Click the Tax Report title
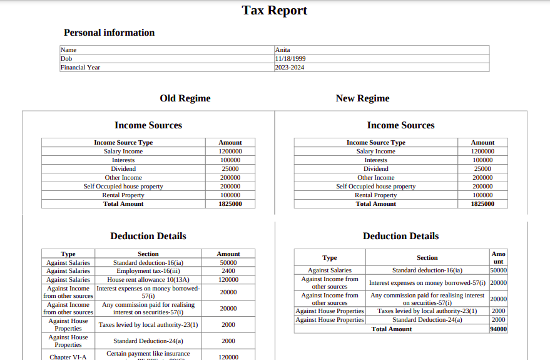(275, 11)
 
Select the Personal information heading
(109, 33)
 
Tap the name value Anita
(283, 50)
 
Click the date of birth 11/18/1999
(290, 59)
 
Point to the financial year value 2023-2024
(290, 68)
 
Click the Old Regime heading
(185, 98)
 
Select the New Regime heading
(362, 98)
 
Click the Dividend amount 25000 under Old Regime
(230, 169)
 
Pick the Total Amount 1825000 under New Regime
(482, 204)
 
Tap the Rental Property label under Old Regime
(123, 195)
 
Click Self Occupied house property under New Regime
(375, 187)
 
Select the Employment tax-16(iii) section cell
(148, 271)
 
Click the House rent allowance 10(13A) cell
(148, 280)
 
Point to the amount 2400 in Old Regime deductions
(228, 271)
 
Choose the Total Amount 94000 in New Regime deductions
(498, 329)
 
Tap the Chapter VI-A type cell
(68, 357)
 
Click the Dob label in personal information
(66, 59)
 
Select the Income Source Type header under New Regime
(375, 143)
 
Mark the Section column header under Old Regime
(148, 254)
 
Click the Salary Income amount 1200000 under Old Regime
(230, 152)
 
